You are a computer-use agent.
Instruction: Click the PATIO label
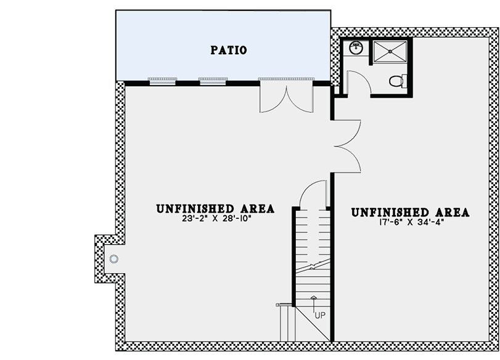(x=228, y=50)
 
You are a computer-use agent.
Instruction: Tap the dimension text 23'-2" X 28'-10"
(x=215, y=218)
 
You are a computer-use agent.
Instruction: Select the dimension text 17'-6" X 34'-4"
(x=410, y=222)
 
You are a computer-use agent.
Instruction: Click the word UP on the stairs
(x=320, y=316)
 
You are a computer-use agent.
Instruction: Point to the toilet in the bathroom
(x=398, y=80)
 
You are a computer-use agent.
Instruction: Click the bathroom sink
(x=356, y=46)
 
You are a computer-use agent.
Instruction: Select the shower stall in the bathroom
(x=391, y=52)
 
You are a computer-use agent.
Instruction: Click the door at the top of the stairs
(x=311, y=195)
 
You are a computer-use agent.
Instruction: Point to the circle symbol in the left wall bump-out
(x=113, y=259)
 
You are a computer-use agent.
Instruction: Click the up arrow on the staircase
(x=314, y=302)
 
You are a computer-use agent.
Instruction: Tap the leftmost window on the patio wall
(x=162, y=80)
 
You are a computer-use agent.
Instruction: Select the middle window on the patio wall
(x=212, y=80)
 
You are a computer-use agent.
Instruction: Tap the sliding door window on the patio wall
(x=285, y=80)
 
